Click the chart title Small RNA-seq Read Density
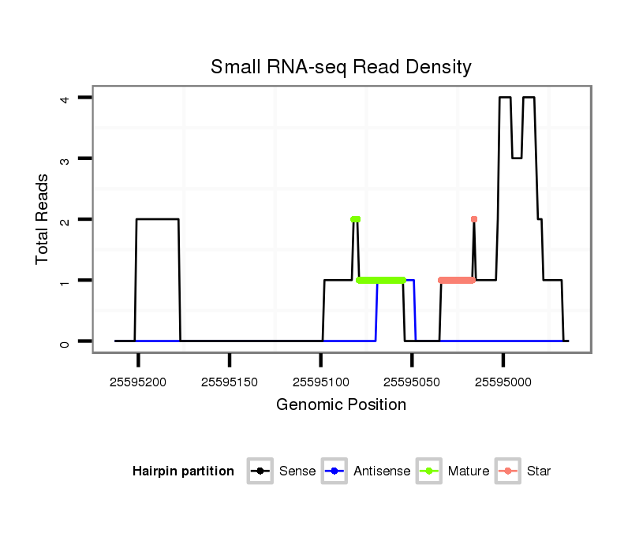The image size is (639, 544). coord(341,67)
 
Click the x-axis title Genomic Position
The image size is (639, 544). coord(341,405)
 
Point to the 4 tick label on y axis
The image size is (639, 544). coord(66,98)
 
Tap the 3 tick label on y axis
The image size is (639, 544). coord(66,158)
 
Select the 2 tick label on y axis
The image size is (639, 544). coord(66,219)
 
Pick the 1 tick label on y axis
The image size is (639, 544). coord(66,281)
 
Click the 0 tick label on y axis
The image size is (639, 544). coord(66,341)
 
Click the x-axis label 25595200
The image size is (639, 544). coord(139,382)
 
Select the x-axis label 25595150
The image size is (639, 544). coord(230,382)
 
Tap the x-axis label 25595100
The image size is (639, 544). coord(321,382)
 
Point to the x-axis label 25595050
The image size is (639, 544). coord(412,382)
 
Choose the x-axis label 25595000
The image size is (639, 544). coord(503,382)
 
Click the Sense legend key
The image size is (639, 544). coord(260,471)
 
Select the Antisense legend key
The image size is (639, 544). coord(334,471)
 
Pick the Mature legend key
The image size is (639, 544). coord(429,471)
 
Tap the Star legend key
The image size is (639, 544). coord(507,471)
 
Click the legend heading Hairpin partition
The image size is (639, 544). coord(183,471)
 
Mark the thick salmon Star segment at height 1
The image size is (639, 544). coord(457,280)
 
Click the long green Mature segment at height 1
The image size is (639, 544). coord(381,280)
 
